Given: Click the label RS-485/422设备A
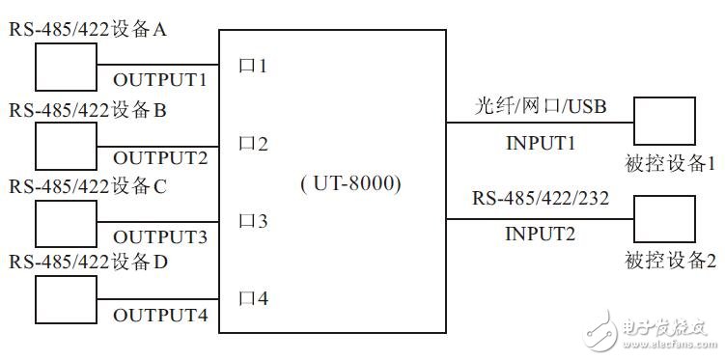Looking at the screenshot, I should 89,30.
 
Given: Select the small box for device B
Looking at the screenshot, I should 65,146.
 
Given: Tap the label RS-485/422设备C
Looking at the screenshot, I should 89,187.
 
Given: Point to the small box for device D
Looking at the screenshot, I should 65,300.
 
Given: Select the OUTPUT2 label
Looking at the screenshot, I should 160,157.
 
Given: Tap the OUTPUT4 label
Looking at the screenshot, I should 160,315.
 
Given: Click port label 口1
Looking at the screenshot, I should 253,67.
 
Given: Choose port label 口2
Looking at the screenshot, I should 253,145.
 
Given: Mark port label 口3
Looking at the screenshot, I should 253,222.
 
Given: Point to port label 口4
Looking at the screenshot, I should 253,299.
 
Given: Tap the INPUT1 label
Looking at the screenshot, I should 541,143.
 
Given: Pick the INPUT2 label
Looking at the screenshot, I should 541,234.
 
